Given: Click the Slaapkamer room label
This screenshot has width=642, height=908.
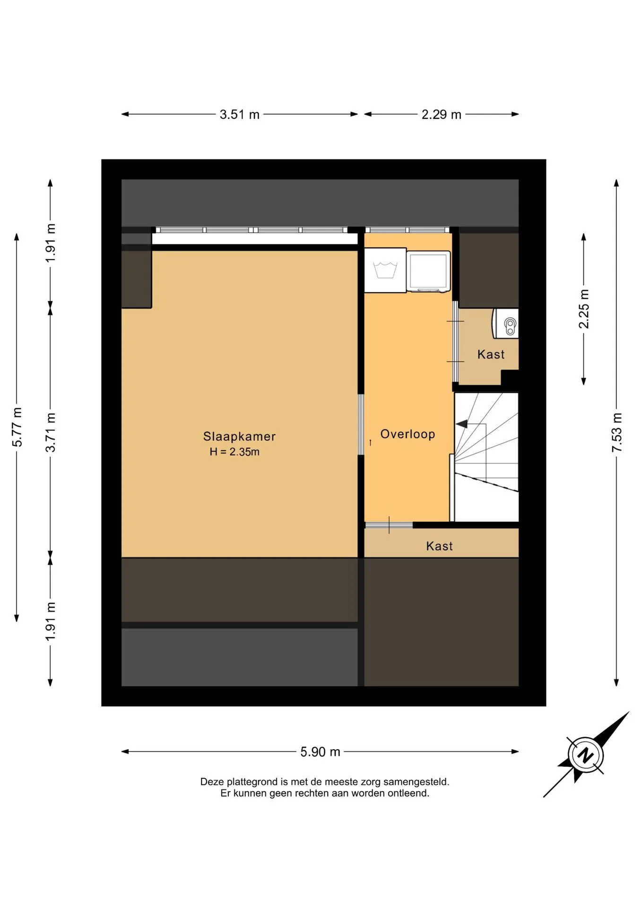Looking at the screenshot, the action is click(x=239, y=436).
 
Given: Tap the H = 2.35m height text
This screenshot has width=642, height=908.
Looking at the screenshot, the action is click(x=234, y=452).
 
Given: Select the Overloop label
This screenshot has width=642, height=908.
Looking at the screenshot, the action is click(x=408, y=434).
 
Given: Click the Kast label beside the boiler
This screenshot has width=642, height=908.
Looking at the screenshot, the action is click(x=491, y=354).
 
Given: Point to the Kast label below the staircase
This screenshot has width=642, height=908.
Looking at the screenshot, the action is click(x=439, y=546).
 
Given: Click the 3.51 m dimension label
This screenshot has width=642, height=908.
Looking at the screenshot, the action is click(x=240, y=114).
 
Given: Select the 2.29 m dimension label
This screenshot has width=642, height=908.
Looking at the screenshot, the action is click(x=442, y=114).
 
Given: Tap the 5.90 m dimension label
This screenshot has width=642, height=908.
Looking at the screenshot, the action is click(x=321, y=752).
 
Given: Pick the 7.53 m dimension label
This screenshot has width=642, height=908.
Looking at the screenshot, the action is click(x=617, y=432).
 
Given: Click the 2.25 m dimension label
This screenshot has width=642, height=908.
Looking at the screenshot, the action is click(x=584, y=309).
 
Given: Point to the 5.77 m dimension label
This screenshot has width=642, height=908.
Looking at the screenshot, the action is click(x=17, y=427).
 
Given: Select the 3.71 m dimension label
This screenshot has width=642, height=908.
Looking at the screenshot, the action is click(x=51, y=432).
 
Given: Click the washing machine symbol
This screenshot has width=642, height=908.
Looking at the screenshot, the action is click(x=385, y=271).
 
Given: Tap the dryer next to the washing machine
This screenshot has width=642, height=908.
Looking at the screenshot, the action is click(x=428, y=271).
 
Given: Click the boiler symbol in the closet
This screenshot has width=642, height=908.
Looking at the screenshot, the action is click(x=506, y=323).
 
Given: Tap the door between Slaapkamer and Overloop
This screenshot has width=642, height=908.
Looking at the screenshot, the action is click(x=361, y=425).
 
